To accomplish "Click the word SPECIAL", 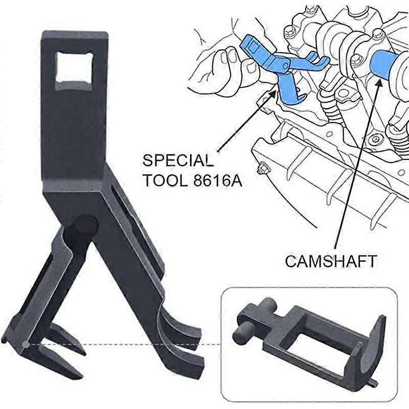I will [x=177, y=161].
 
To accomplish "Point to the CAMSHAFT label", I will [x=331, y=261].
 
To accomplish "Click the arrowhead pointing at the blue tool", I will [x=276, y=93].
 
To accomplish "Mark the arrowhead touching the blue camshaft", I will [x=379, y=81].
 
